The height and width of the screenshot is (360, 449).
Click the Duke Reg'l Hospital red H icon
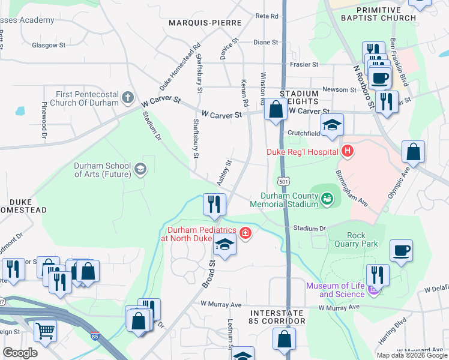click(x=346, y=152)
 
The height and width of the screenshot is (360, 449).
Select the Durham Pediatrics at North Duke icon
click(x=244, y=233)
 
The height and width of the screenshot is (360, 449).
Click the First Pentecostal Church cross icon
click(x=127, y=97)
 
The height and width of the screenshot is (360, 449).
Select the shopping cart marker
click(x=45, y=330)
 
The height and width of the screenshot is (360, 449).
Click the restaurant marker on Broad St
click(x=214, y=205)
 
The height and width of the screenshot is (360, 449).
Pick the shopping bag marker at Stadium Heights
click(x=276, y=110)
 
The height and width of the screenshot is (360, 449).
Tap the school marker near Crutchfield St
click(x=331, y=125)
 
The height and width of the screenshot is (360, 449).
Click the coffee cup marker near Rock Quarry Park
click(x=401, y=251)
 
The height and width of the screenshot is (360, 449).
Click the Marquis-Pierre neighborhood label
click(x=205, y=23)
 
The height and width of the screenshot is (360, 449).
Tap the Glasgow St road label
click(x=49, y=45)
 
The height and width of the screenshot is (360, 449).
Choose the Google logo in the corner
click(x=20, y=353)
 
